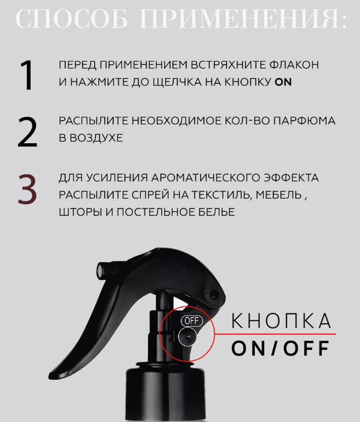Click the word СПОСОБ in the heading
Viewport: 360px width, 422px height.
[72, 18]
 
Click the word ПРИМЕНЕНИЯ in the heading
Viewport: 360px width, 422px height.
[243, 18]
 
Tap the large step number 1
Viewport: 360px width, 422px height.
[27, 75]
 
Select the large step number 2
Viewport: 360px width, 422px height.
[27, 132]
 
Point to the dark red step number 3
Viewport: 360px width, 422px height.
[27, 189]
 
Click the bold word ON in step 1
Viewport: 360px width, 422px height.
[283, 82]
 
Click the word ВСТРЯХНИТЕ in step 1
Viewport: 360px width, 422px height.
[228, 65]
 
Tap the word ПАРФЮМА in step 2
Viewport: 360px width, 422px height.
[304, 121]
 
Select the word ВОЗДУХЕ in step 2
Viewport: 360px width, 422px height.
[96, 138]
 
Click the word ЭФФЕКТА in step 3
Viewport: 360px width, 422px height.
[291, 178]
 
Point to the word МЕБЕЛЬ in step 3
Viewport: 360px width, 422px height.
[279, 195]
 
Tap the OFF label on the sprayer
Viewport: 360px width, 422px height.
[192, 321]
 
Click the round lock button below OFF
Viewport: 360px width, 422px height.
[187, 337]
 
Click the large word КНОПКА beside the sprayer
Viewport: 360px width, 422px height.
[281, 320]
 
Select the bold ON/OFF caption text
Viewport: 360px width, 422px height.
[280, 348]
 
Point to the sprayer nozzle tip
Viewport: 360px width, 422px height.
[101, 270]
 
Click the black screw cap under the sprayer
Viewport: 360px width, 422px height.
[165, 393]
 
